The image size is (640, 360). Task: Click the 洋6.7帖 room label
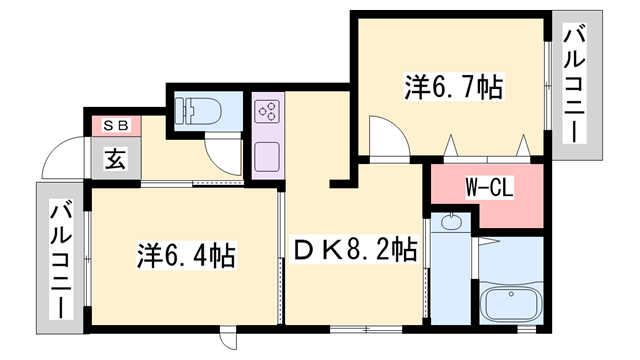pyautogui.click(x=453, y=87)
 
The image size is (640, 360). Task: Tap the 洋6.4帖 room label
pyautogui.click(x=186, y=256)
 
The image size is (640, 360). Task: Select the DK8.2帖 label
pyautogui.click(x=352, y=247)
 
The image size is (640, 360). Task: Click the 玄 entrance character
pyautogui.click(x=115, y=158)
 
